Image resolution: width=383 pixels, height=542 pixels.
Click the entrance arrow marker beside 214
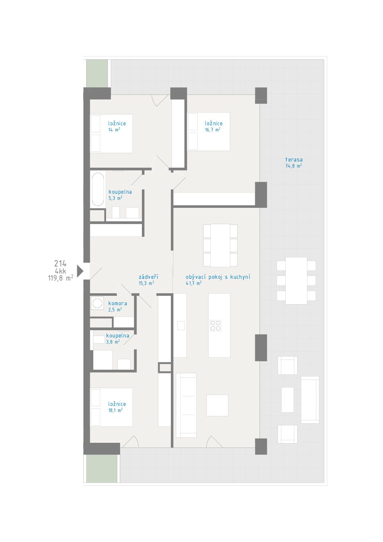tap(80, 271)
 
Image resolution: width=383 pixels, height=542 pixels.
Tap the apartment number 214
tap(60, 264)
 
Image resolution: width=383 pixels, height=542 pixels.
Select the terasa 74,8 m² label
tap(294, 163)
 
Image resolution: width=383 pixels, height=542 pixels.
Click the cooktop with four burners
tap(215, 325)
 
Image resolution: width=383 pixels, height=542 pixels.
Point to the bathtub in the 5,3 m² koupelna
tap(98, 189)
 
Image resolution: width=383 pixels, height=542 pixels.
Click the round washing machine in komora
tap(97, 303)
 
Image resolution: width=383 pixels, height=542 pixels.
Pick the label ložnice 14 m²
tap(117, 126)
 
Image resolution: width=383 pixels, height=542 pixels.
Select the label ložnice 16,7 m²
tap(214, 126)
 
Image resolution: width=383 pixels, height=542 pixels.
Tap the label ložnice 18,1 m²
tap(117, 407)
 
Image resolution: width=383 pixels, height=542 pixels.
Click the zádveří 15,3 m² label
tap(148, 280)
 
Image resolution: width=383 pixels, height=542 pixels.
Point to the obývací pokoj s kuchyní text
tap(218, 277)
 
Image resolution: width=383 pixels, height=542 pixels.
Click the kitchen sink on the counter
tap(181, 325)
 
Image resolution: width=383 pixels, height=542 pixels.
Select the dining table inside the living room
tap(220, 245)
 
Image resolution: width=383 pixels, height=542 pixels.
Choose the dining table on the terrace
tap(296, 281)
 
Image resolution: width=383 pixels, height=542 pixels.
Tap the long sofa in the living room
tap(186, 405)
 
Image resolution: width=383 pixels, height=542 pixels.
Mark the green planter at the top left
tap(97, 73)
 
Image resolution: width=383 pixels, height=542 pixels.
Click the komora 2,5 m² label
tap(118, 306)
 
